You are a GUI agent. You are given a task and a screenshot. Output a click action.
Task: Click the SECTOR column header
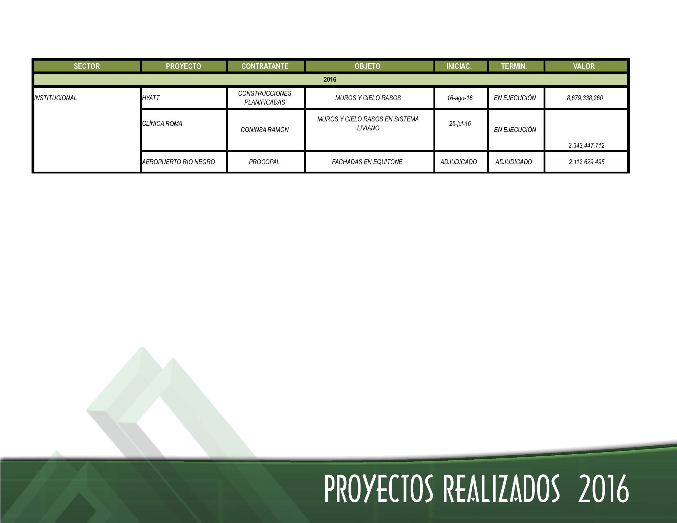point(87,66)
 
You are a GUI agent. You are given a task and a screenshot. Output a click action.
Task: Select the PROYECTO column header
point(183,66)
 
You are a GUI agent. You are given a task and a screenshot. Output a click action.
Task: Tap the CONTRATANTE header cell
point(265,66)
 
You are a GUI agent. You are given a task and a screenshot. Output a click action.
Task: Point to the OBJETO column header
point(368,66)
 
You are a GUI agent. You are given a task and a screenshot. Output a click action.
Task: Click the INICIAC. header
point(459,66)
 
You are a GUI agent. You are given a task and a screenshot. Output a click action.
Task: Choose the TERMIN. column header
point(514,66)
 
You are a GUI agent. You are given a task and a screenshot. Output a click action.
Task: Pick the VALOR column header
point(584,66)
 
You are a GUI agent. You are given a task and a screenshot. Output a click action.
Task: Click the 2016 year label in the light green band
point(330,80)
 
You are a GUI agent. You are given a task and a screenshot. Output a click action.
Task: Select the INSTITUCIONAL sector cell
point(56,98)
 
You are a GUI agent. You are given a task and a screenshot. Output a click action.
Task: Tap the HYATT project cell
point(151,98)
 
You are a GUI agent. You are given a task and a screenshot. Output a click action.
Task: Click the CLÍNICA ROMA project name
point(162,124)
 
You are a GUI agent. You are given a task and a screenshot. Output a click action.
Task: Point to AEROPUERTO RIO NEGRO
point(178,162)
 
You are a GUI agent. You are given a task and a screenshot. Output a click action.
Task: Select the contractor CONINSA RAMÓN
point(265,130)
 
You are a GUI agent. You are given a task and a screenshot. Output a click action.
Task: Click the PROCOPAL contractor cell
point(264,162)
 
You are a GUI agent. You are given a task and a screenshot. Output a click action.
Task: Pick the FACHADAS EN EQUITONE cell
point(367,162)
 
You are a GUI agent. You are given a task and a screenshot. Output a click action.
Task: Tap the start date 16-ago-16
point(460,98)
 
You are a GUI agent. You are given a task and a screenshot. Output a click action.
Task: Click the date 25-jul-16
point(460,124)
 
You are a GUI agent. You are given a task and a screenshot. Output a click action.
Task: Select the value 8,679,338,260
point(585,98)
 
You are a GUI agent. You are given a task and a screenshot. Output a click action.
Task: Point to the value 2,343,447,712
point(587,146)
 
